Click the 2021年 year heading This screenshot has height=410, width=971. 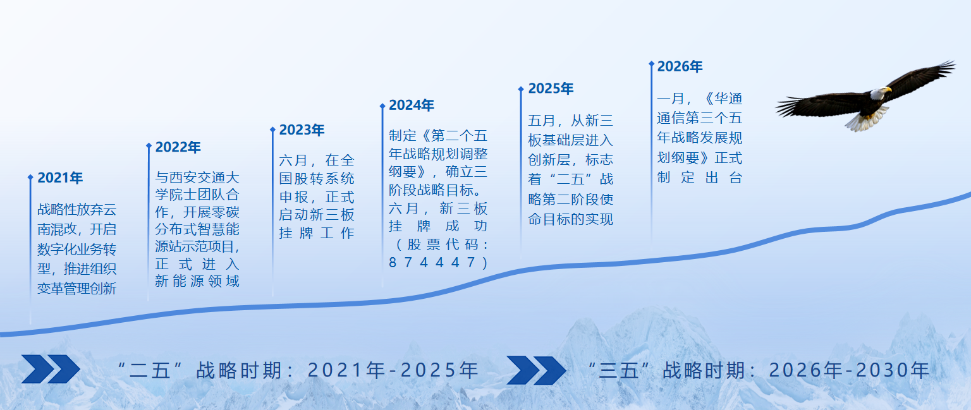click(60, 178)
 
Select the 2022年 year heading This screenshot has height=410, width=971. click(178, 147)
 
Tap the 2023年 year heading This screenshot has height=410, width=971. click(302, 130)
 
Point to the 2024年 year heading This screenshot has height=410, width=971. click(412, 106)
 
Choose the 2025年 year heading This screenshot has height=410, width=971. click(551, 89)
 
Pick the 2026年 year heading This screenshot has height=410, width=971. click(680, 67)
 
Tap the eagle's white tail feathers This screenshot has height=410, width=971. click(864, 120)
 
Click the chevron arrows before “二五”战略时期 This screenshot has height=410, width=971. click(51, 370)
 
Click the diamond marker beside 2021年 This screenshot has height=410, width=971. click(30, 178)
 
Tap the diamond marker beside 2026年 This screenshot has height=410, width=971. click(651, 64)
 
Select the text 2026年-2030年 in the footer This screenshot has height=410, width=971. click(849, 370)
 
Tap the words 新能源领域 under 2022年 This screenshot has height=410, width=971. click(197, 281)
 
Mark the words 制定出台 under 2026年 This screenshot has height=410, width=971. click(699, 178)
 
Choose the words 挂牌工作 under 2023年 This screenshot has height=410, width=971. click(317, 232)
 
